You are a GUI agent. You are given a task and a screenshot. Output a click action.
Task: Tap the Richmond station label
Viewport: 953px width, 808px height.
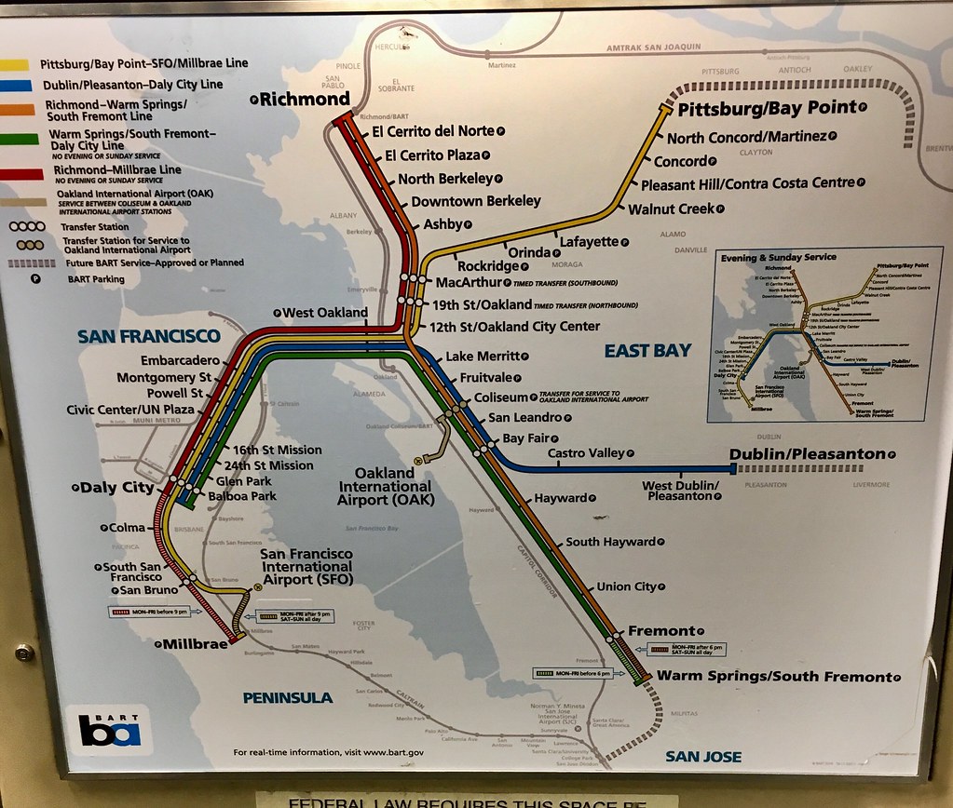tap(304, 99)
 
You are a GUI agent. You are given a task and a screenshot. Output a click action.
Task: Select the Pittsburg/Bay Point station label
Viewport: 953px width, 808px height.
tap(766, 108)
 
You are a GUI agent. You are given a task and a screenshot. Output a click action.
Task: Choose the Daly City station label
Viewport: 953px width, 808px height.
tap(116, 487)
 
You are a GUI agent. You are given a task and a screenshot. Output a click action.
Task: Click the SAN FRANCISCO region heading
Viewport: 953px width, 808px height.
tap(148, 336)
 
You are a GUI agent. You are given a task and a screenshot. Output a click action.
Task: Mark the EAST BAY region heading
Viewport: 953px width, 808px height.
tap(647, 350)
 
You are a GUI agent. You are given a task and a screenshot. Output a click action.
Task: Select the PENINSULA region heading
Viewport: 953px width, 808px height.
tap(288, 697)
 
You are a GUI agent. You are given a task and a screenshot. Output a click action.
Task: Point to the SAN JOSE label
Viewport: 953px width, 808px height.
tap(703, 756)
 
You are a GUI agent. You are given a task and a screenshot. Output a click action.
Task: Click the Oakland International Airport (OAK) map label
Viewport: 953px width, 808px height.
tap(385, 486)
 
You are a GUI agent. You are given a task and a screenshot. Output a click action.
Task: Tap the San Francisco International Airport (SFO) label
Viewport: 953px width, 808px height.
tap(306, 566)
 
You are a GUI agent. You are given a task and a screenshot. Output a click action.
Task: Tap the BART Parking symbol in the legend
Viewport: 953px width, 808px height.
tap(34, 279)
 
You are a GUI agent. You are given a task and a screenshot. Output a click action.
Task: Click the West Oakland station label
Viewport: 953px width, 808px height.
tap(325, 313)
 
